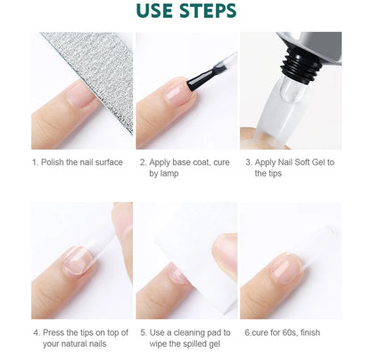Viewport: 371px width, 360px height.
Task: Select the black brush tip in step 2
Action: tap(190, 88)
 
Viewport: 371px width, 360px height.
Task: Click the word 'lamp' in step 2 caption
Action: tap(174, 175)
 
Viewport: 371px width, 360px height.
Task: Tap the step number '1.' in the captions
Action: tap(35, 163)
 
